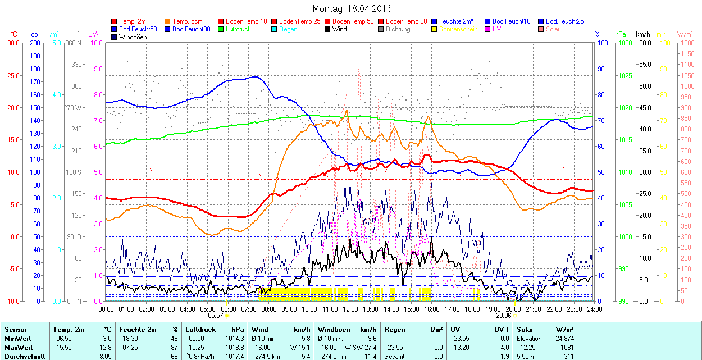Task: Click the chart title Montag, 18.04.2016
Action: pyautogui.click(x=352, y=8)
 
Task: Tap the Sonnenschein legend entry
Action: pyautogui.click(x=458, y=29)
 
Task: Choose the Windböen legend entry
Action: pyautogui.click(x=133, y=37)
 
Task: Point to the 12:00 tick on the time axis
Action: pyautogui.click(x=350, y=308)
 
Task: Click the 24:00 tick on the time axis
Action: pyautogui.click(x=594, y=308)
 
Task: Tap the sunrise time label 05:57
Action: pyautogui.click(x=216, y=315)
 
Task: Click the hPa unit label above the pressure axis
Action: pyautogui.click(x=620, y=34)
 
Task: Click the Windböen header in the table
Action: pyautogui.click(x=332, y=330)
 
